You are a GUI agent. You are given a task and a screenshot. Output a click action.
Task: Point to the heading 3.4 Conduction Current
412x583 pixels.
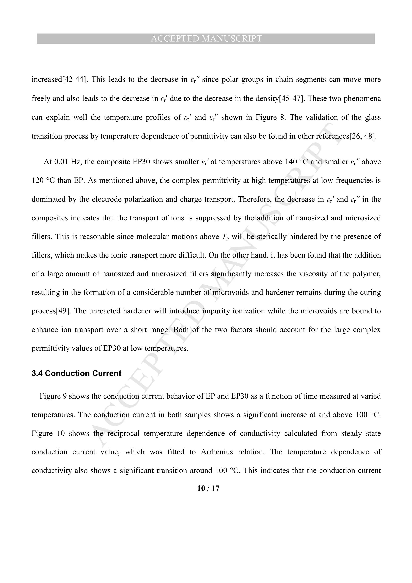tap(76, 373)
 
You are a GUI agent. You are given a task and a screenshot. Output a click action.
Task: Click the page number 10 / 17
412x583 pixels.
tap(208, 488)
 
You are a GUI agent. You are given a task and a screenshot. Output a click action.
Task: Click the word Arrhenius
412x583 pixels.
tap(217, 452)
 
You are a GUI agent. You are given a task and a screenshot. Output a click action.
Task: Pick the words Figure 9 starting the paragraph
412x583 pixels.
tap(53, 396)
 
